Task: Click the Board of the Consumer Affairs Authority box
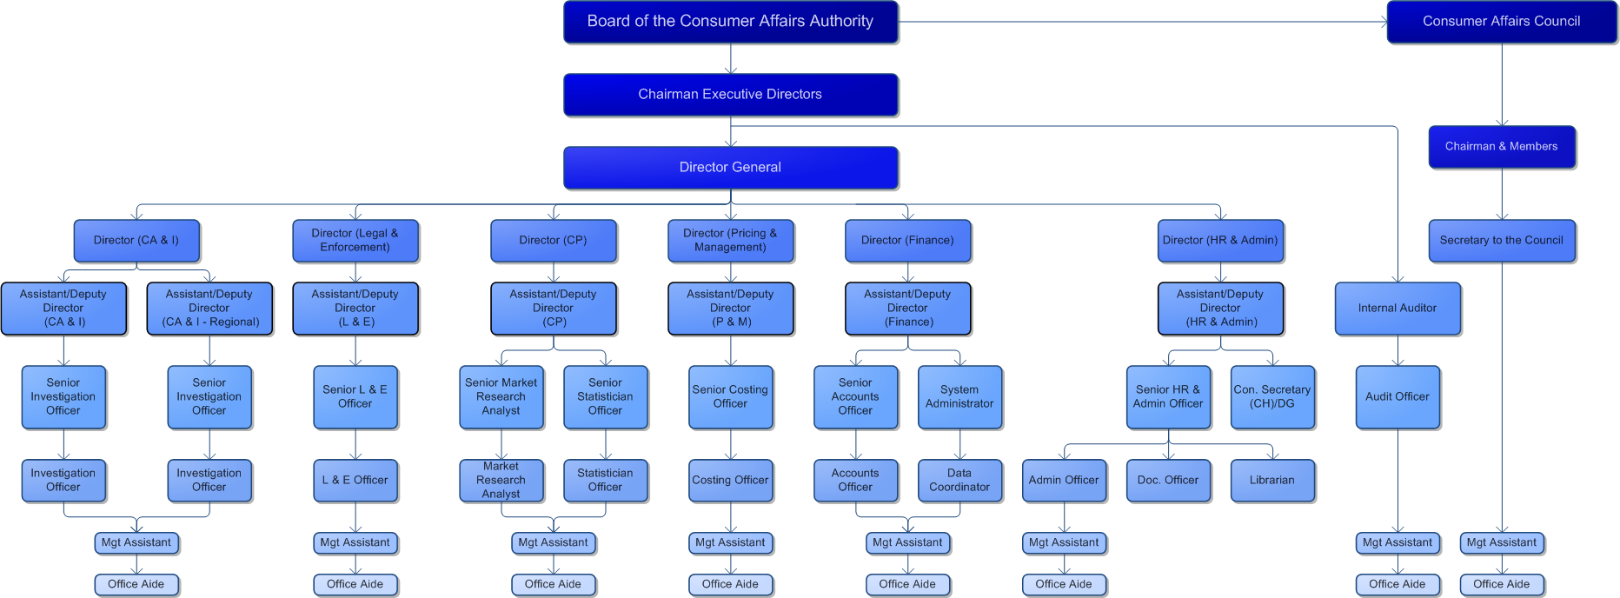730,22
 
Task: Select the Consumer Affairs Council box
1501,22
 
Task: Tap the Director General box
730,168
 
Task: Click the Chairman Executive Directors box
730,95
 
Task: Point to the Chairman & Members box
1501,147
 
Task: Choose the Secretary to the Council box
1501,241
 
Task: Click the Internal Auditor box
1397,309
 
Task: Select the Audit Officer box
1397,397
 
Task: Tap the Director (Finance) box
907,241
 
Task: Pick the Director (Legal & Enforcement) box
355,241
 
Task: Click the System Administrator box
959,397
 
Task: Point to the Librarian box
1271,481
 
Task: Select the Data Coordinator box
959,481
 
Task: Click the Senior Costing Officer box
730,397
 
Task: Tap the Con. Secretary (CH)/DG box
1271,397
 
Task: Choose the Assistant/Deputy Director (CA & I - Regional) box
209,309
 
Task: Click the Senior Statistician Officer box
605,397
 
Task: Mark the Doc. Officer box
1168,481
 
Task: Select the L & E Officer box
355,481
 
